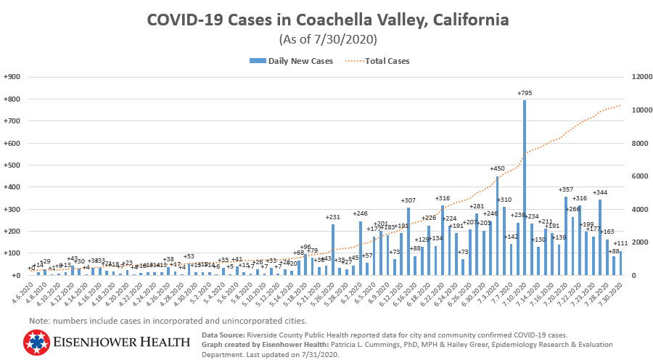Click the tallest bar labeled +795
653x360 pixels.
pos(524,189)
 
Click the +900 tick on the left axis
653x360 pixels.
pos(12,77)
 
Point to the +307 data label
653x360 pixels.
pos(408,200)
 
